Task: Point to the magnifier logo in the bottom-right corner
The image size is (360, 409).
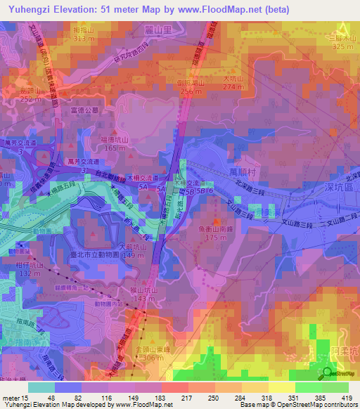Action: pos(328,373)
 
